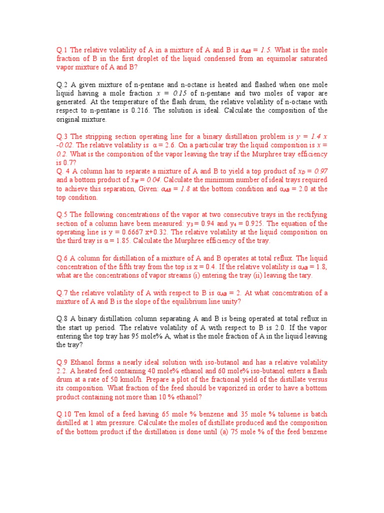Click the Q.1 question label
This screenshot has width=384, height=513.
[61, 50]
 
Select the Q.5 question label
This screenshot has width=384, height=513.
[61, 215]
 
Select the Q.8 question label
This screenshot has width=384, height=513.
[61, 319]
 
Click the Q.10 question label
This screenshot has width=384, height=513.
[63, 414]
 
